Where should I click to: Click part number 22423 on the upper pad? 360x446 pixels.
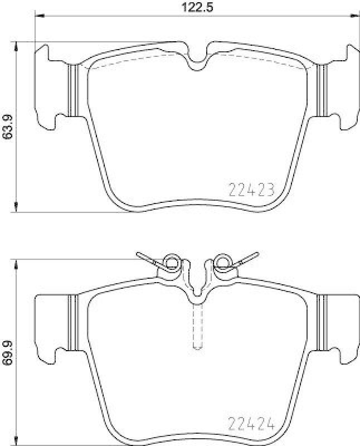252,191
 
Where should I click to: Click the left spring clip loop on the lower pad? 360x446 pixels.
171,261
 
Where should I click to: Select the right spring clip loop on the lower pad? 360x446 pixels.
223,260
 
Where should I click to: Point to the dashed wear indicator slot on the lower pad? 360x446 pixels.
197,326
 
